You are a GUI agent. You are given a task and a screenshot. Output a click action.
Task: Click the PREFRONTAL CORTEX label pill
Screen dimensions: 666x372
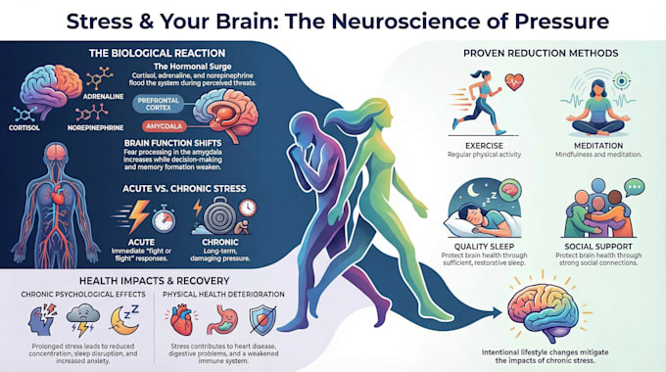point(158,104)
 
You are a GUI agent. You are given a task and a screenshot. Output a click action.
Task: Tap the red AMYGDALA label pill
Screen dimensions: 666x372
point(164,126)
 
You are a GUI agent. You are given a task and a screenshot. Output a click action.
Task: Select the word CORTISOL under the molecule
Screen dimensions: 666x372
point(24,127)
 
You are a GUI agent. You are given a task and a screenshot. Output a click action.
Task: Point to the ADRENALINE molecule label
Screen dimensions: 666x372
point(103,97)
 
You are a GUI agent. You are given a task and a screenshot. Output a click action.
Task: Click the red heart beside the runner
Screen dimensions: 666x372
point(514,81)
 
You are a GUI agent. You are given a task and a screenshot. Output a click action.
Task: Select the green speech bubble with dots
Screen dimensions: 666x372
point(635,187)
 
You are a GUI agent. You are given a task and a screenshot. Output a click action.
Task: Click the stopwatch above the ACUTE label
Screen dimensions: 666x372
point(164,218)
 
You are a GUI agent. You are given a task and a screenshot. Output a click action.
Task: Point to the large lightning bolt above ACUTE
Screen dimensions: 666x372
point(139,215)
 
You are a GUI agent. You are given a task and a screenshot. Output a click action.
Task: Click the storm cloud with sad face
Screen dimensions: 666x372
point(83,319)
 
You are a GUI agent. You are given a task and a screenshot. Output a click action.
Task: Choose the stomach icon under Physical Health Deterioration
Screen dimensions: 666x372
point(222,320)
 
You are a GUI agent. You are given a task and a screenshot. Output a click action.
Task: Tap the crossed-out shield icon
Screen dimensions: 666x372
point(262,320)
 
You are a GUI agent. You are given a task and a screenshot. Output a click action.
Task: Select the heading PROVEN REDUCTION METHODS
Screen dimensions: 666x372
point(541,53)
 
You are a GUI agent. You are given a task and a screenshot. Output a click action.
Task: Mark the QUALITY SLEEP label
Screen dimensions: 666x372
point(484,247)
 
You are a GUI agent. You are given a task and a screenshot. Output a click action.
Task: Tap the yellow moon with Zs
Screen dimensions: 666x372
point(124,320)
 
